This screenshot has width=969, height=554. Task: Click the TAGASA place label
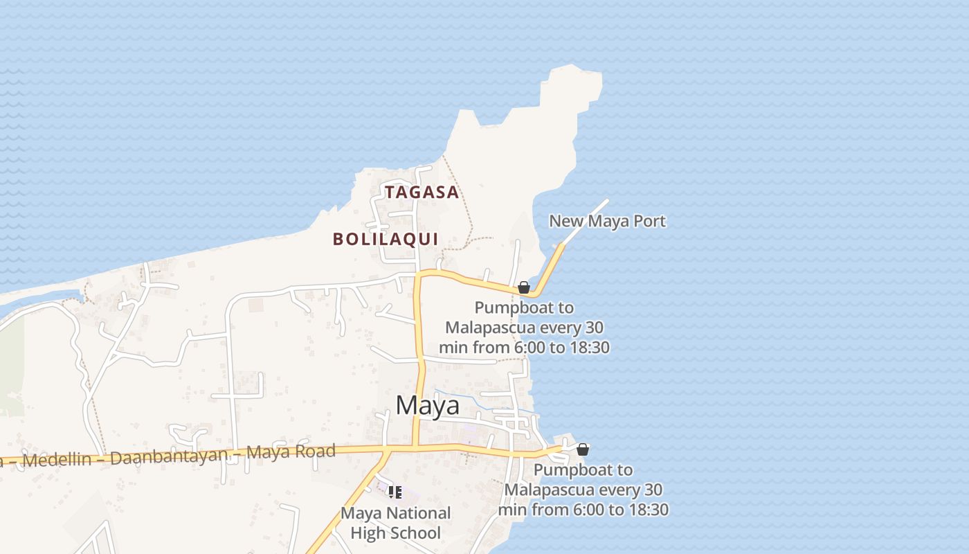pos(422,193)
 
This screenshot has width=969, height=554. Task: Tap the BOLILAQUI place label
pos(386,239)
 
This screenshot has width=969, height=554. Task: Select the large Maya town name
pos(427,405)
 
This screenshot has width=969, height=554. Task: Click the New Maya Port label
pos(607,221)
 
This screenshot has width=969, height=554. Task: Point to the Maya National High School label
pos(395,523)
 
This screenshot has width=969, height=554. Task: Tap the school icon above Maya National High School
pos(395,492)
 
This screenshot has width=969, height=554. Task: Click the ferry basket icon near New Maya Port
pos(524,287)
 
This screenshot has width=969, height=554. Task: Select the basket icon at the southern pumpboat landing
pos(583,449)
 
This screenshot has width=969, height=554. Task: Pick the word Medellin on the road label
pos(56,460)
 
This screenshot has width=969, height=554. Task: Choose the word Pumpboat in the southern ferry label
pos(583,470)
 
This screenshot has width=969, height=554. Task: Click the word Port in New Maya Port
pos(651,221)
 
